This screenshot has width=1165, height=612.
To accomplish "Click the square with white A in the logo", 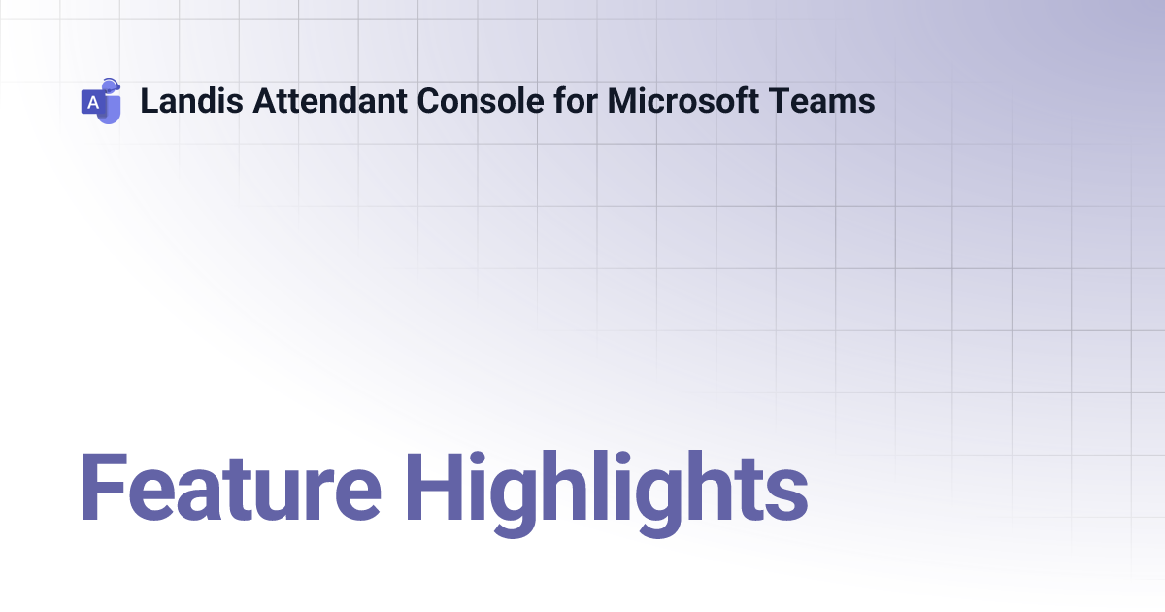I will coord(93,102).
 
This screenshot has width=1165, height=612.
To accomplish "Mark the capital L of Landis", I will coord(149,101).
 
